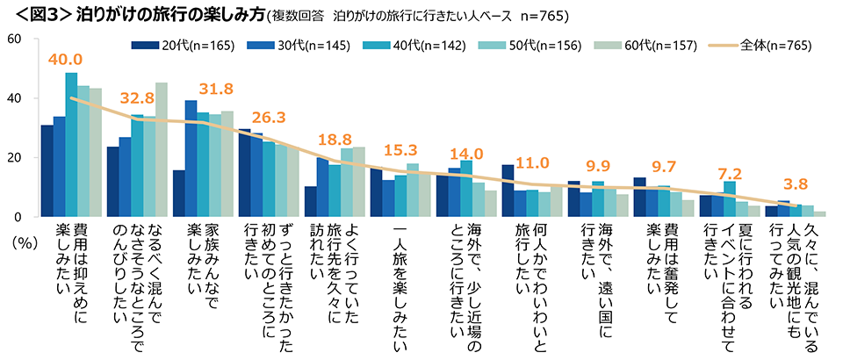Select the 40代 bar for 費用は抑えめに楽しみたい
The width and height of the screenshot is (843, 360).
click(71, 145)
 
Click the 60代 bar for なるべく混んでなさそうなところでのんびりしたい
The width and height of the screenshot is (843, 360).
click(162, 150)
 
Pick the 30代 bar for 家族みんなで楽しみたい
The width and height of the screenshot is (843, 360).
click(191, 159)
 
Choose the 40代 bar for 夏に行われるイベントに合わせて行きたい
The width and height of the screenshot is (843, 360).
click(730, 199)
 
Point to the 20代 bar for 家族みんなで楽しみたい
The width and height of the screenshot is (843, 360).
click(178, 193)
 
